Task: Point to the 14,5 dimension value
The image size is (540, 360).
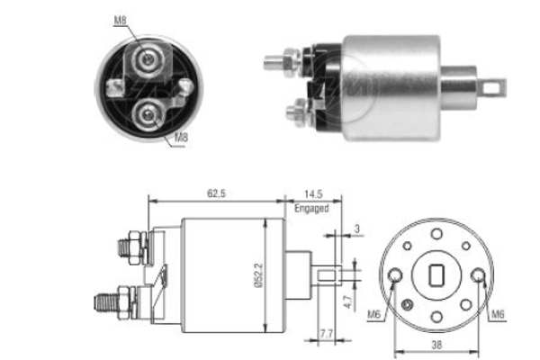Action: tap(311, 192)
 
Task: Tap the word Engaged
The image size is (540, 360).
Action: tap(311, 208)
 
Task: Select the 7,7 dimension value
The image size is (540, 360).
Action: tap(328, 334)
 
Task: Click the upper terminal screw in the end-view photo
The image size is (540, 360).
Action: tap(147, 60)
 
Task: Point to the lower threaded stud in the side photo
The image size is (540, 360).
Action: tap(294, 112)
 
